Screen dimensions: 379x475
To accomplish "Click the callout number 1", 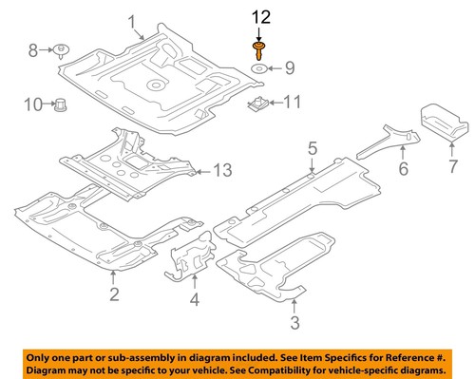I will (x=132, y=22).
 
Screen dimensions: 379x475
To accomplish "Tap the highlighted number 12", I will (x=259, y=15).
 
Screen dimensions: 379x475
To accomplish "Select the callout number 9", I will (x=291, y=66).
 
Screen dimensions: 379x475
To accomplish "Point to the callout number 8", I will (x=32, y=48).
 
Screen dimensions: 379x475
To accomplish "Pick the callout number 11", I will (x=292, y=100).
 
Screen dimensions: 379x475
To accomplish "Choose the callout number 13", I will (x=221, y=171).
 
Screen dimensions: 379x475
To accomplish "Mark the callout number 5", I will (x=311, y=147).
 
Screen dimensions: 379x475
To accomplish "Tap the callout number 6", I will (x=403, y=170).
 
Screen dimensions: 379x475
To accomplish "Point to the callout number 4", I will (x=194, y=303).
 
